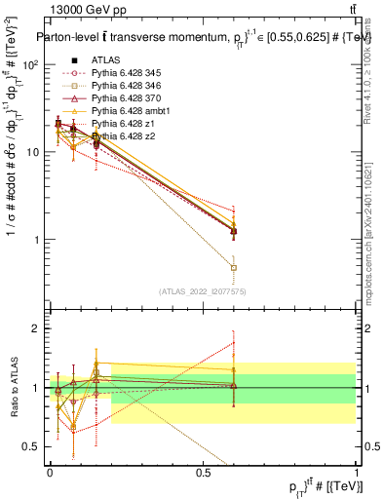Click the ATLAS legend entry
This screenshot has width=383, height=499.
click(104, 59)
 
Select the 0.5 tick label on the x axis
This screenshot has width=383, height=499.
click(203, 473)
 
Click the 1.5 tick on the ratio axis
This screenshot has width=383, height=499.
click(32, 358)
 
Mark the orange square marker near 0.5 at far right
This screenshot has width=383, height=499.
click(233, 267)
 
